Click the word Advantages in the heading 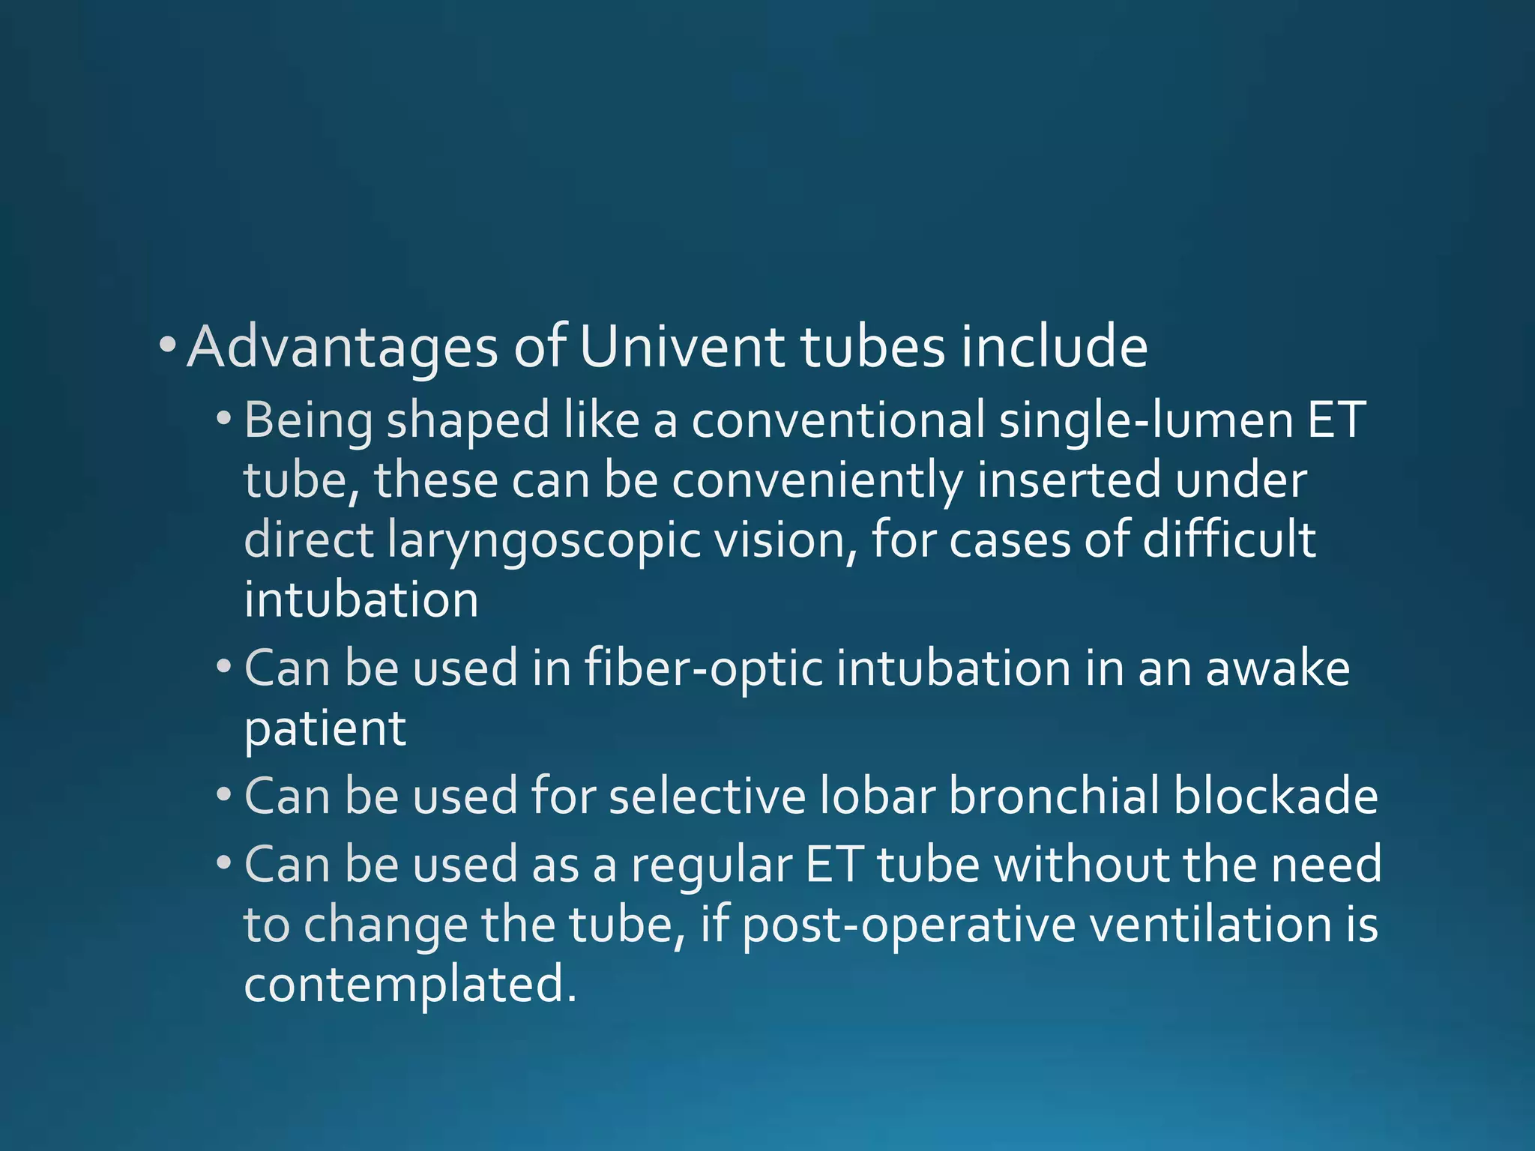point(342,348)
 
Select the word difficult point(1228,540)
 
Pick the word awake point(1277,669)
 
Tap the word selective point(707,796)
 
